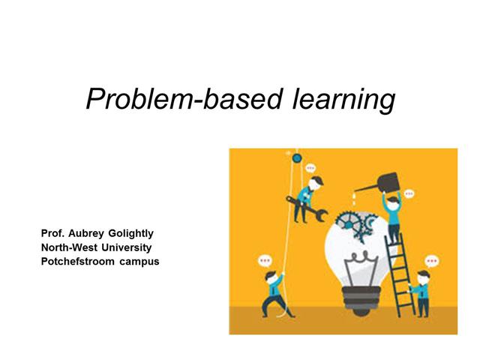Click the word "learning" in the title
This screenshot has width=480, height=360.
click(347, 99)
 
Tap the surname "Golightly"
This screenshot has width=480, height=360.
click(136, 234)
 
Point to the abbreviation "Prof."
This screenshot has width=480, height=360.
click(54, 234)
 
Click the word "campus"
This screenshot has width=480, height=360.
click(139, 261)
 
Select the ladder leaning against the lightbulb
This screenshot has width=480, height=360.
click(401, 274)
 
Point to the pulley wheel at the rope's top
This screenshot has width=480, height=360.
click(296, 158)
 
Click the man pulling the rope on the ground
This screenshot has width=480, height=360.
click(273, 292)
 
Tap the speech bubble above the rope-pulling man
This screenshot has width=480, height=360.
click(265, 260)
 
